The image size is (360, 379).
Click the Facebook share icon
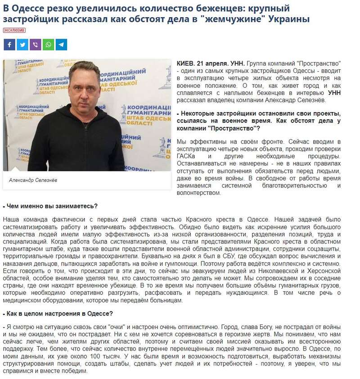click(x=9, y=45)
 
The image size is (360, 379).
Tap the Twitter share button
click(x=22, y=45)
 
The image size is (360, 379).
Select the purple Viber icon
click(x=35, y=45)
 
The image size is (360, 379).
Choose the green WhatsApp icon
click(x=48, y=45)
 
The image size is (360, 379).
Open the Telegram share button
click(x=61, y=45)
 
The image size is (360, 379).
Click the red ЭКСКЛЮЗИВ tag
click(x=14, y=30)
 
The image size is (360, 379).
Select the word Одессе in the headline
click(x=31, y=8)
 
